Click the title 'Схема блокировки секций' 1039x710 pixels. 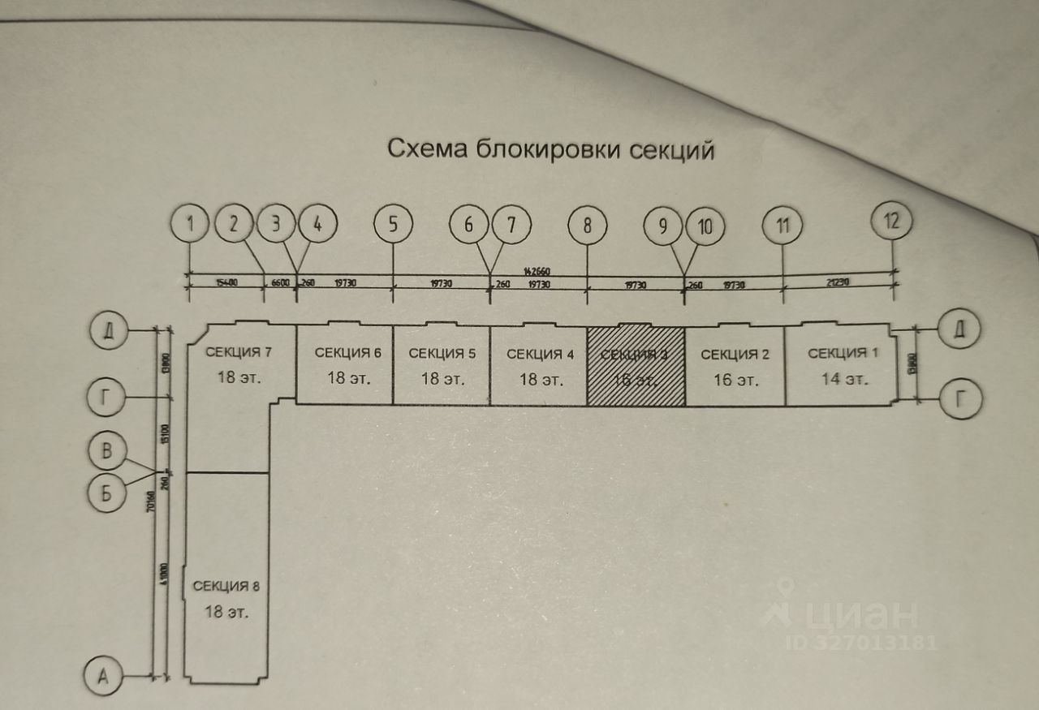point(550,150)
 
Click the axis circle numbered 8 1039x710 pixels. point(587,226)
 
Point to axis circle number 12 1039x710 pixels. point(891,221)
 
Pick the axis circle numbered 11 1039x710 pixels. point(782,226)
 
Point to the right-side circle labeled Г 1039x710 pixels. point(960,398)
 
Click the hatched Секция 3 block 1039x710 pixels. point(636,366)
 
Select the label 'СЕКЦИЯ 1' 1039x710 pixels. point(838,353)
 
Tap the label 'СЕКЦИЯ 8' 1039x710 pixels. point(226,586)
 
